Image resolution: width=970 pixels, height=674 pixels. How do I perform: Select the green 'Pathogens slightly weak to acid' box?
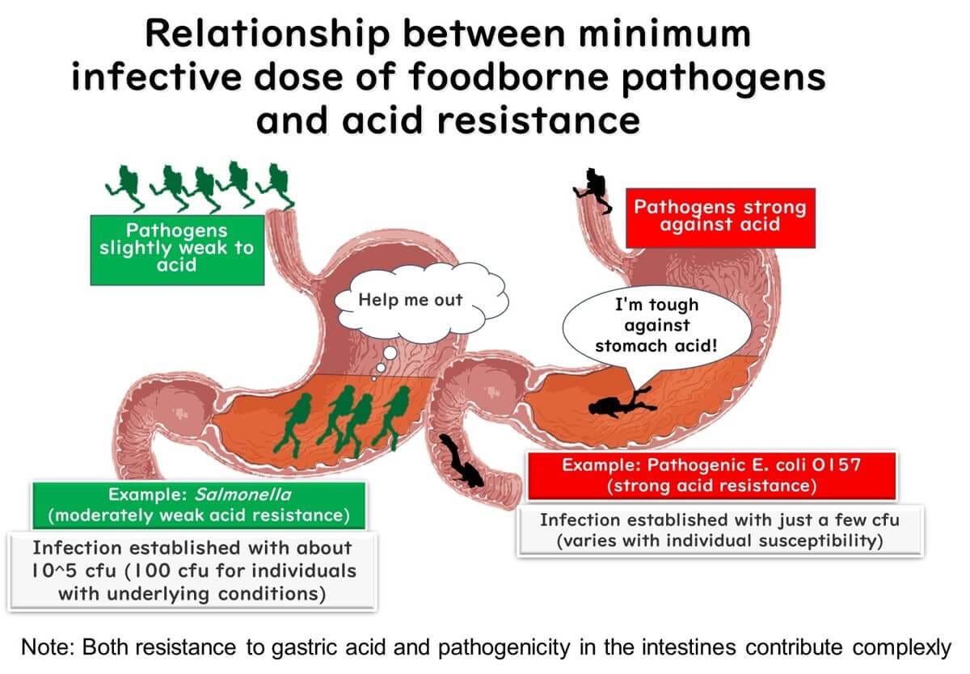tap(177, 248)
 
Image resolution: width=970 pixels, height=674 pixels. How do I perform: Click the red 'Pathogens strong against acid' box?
tap(720, 216)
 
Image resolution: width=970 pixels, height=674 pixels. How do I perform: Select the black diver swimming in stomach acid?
tap(622, 401)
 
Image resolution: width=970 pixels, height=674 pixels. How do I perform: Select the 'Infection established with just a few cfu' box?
tap(719, 530)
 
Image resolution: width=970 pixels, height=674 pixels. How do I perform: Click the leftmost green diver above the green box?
tap(125, 184)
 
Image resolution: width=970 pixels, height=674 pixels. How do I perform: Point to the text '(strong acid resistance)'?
tap(711, 487)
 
